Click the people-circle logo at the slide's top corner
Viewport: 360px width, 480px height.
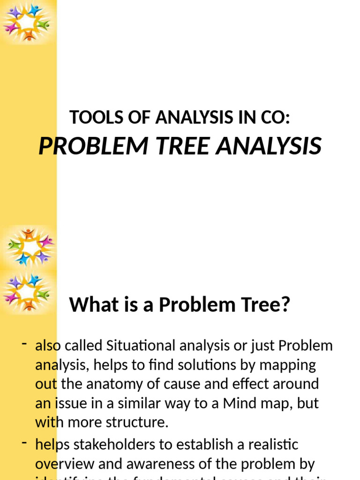pyautogui.click(x=28, y=22)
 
